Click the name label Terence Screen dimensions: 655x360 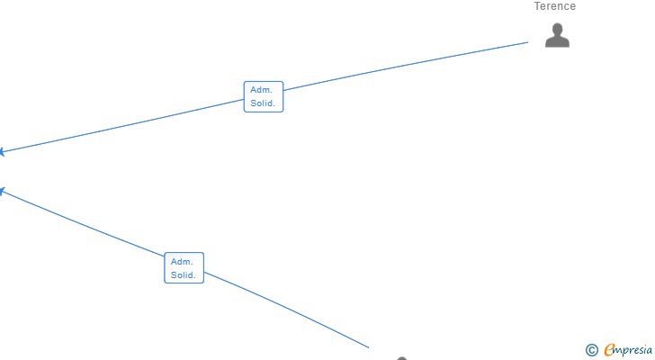[554, 6]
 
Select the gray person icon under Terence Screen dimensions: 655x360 [558, 35]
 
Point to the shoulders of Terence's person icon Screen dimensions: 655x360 [558, 42]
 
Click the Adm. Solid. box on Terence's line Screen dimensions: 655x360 [264, 96]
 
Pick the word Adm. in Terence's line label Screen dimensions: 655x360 [261, 90]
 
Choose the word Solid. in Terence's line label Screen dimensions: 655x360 [264, 103]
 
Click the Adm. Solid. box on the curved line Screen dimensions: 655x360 [184, 268]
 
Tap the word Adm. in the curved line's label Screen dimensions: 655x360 [182, 261]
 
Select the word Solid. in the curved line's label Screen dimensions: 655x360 [184, 275]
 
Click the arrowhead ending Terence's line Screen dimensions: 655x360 [3, 152]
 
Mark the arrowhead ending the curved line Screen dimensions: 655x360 [3, 190]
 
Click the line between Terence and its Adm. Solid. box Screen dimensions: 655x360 [405, 67]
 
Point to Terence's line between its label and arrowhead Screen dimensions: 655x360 [126, 125]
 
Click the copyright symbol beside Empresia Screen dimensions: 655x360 [592, 350]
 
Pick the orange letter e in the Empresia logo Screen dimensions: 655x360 [609, 349]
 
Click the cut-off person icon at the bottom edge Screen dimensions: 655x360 [402, 358]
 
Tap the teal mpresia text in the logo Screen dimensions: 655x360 [635, 350]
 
